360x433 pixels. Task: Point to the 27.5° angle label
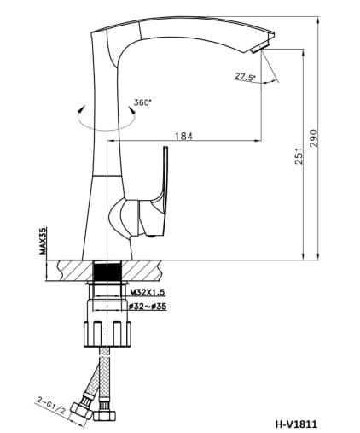245,77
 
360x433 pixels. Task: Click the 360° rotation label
142,102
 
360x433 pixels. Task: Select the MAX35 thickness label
42,241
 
